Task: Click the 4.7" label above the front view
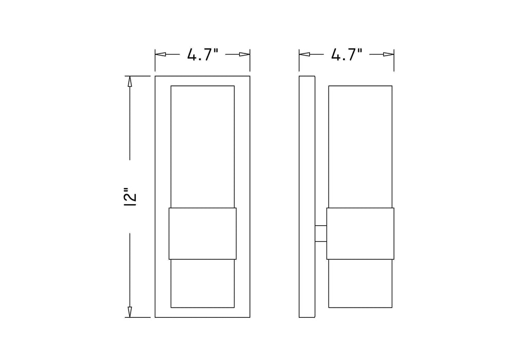pos(203,55)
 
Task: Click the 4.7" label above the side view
pos(347,55)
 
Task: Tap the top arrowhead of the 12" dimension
pos(130,81)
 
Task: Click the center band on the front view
pos(203,232)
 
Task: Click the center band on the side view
pos(360,232)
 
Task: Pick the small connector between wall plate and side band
pos(321,233)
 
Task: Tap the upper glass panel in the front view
pos(203,147)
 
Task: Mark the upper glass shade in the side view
pos(360,147)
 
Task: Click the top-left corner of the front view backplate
pos(155,76)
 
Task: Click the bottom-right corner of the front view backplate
pos(250,317)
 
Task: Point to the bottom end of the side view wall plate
pos(307,317)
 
